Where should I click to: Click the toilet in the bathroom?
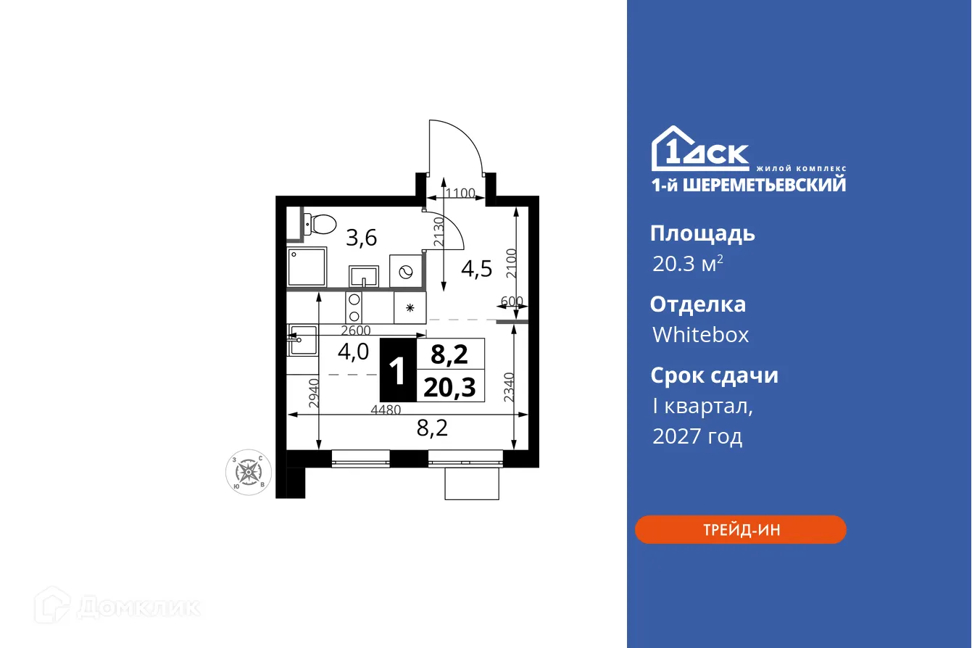[317, 224]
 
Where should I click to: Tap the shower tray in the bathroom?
[307, 267]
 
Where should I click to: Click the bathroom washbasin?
[364, 276]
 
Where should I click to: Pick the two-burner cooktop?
[354, 307]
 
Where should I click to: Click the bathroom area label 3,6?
[361, 237]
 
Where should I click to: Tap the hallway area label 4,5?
[477, 269]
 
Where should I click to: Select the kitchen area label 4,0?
[353, 352]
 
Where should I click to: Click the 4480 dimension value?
[386, 409]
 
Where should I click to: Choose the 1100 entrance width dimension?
[460, 193]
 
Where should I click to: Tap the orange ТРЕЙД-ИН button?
[741, 530]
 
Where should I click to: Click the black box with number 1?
[397, 370]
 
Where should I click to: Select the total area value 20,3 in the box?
[449, 388]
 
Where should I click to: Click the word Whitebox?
[700, 335]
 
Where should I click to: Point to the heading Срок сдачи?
[714, 375]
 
